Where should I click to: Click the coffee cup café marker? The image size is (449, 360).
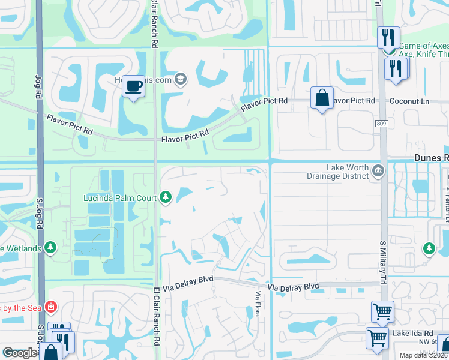pyautogui.click(x=133, y=86)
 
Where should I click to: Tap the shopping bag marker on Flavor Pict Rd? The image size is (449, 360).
pyautogui.click(x=322, y=98)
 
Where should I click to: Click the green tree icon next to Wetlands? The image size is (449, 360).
pyautogui.click(x=50, y=248)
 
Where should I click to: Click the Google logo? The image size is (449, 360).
pyautogui.click(x=20, y=353)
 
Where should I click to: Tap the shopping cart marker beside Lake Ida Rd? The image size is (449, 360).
pyautogui.click(x=377, y=337)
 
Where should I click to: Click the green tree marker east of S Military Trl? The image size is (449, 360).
pyautogui.click(x=429, y=247)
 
